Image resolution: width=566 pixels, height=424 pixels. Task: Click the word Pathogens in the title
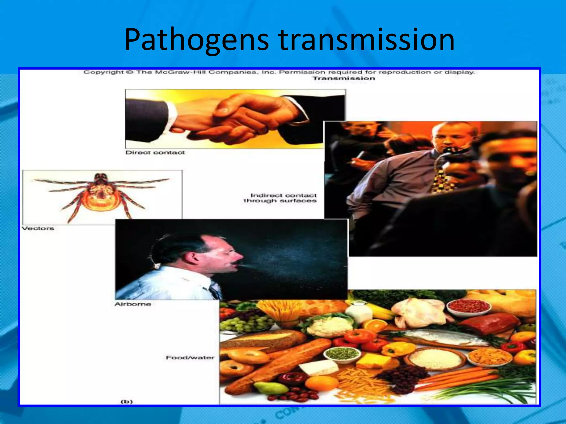196,40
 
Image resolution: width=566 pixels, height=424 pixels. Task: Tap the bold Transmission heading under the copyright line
344,78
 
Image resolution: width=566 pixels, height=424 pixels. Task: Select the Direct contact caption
155,153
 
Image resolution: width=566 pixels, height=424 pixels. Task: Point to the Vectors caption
38,228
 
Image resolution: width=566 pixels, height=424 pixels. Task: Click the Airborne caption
133,304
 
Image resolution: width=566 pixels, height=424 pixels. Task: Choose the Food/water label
190,357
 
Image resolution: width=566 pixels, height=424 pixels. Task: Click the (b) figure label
127,401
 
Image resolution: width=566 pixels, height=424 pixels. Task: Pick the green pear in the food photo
269,388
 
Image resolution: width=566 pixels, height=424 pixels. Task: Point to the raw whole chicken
420,311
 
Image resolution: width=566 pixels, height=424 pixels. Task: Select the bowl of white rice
435,359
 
